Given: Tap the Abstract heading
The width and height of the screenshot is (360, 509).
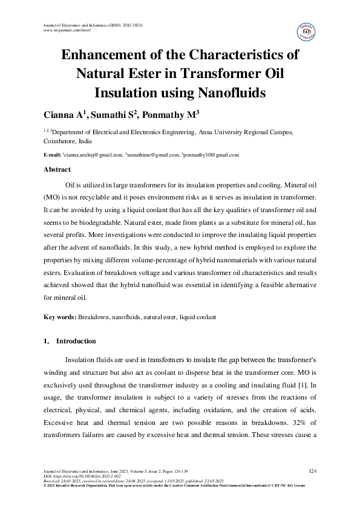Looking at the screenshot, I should pos(58,170).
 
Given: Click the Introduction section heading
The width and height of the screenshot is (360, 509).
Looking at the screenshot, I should pos(76,341).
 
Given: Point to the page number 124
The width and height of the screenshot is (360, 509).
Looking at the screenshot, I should pos(313,470).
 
